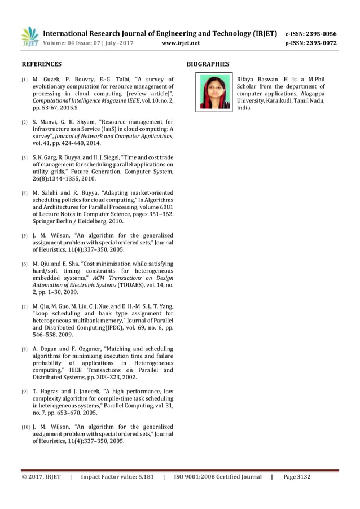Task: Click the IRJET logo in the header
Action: point(30,37)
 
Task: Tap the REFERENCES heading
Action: point(41,64)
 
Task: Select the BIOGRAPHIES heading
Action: point(208,64)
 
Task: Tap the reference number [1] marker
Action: point(25,80)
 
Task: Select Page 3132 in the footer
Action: point(297,477)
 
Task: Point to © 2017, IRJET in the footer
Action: point(41,477)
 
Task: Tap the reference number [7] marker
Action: point(25,308)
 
